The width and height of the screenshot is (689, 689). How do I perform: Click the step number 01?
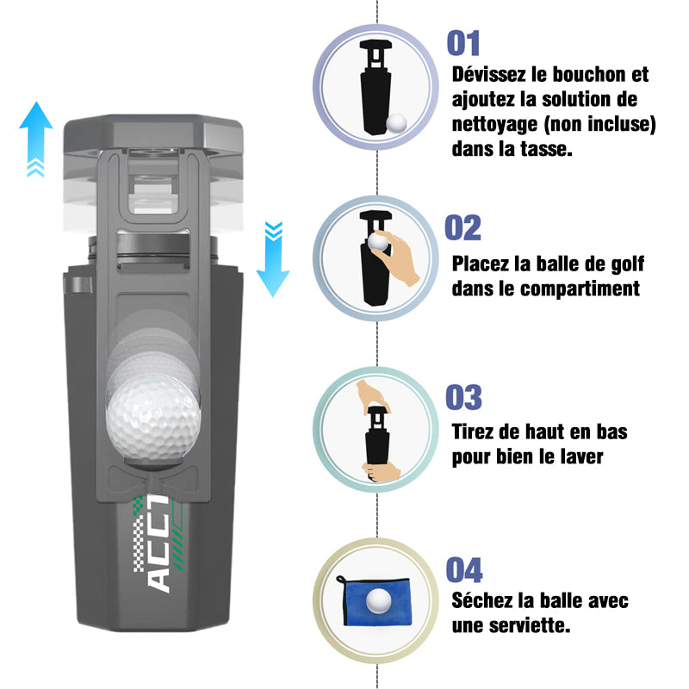pyautogui.click(x=463, y=43)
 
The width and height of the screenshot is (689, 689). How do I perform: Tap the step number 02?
pyautogui.click(x=462, y=227)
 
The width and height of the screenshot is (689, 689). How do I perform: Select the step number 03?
pyautogui.click(x=463, y=397)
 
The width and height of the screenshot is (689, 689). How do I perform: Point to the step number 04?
pyautogui.click(x=464, y=570)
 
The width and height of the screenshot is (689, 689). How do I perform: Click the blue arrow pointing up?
pyautogui.click(x=36, y=139)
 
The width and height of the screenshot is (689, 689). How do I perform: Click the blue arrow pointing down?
pyautogui.click(x=273, y=259)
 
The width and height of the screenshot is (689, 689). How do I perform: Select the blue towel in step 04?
pyautogui.click(x=375, y=601)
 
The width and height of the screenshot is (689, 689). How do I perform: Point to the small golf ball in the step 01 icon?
pyautogui.click(x=396, y=123)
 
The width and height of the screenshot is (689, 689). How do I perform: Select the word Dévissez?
pyautogui.click(x=488, y=75)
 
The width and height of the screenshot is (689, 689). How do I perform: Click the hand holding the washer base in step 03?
pyautogui.click(x=382, y=470)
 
